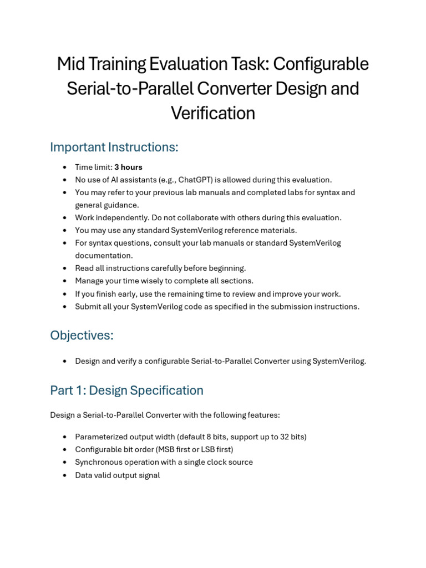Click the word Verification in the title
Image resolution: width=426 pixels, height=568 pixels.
point(212,113)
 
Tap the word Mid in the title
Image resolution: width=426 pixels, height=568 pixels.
point(70,64)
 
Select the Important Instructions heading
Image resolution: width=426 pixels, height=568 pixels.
point(114,147)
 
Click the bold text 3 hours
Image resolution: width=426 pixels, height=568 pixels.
point(128,167)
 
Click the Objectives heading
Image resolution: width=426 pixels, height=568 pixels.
point(82,335)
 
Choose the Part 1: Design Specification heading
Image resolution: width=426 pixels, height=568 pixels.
point(126,390)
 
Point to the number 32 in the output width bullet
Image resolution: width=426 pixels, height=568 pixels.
point(285,437)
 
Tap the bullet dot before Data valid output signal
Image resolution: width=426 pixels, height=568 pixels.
point(65,475)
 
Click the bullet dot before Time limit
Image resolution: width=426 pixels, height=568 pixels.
point(65,167)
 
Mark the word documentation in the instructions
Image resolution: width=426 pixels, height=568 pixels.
point(104,255)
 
